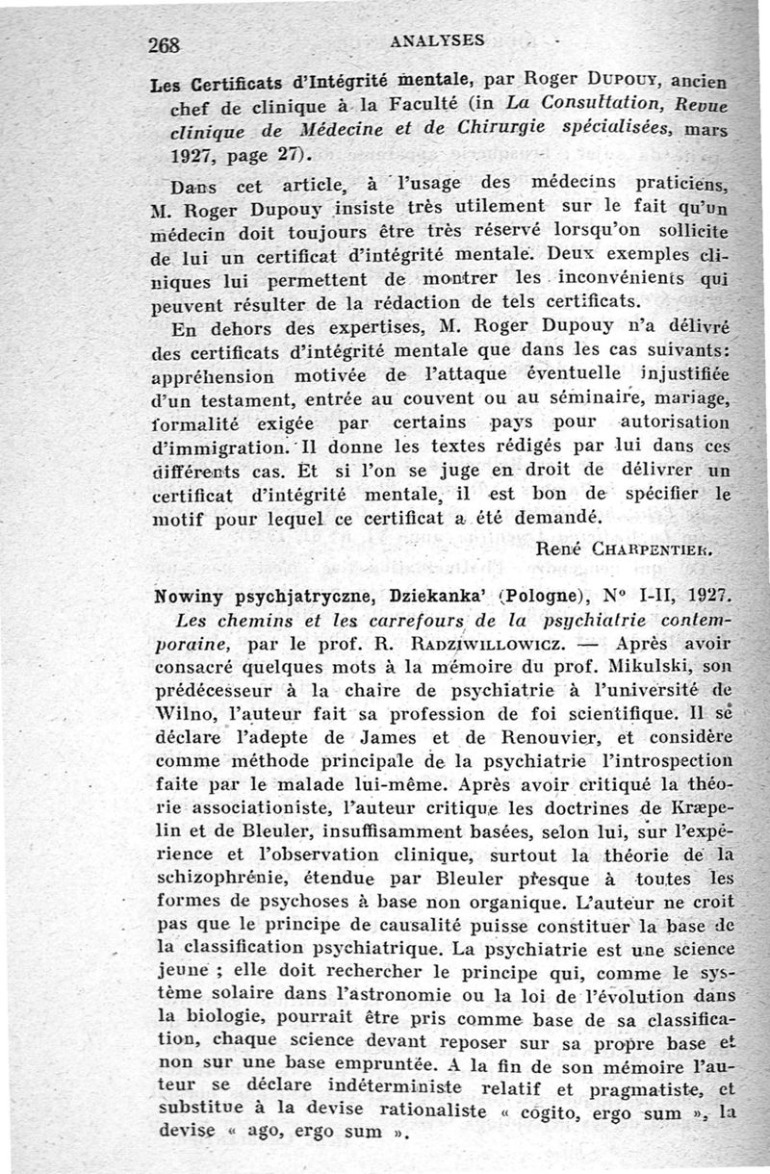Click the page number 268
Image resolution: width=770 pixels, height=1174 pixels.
(x=166, y=44)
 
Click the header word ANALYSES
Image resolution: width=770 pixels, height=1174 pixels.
(x=438, y=41)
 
